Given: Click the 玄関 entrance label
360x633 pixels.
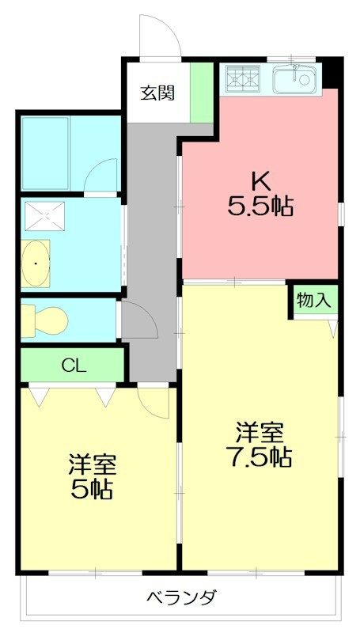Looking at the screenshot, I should pos(158,92).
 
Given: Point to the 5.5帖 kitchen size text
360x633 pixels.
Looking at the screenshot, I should pos(260,207).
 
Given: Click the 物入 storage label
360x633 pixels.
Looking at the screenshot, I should pos(313,300).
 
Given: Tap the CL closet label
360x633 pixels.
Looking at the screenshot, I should pos(74,366).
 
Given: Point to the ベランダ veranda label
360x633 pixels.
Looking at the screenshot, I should pos(181,597).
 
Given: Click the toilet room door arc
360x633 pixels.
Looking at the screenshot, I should pos(135,321).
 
